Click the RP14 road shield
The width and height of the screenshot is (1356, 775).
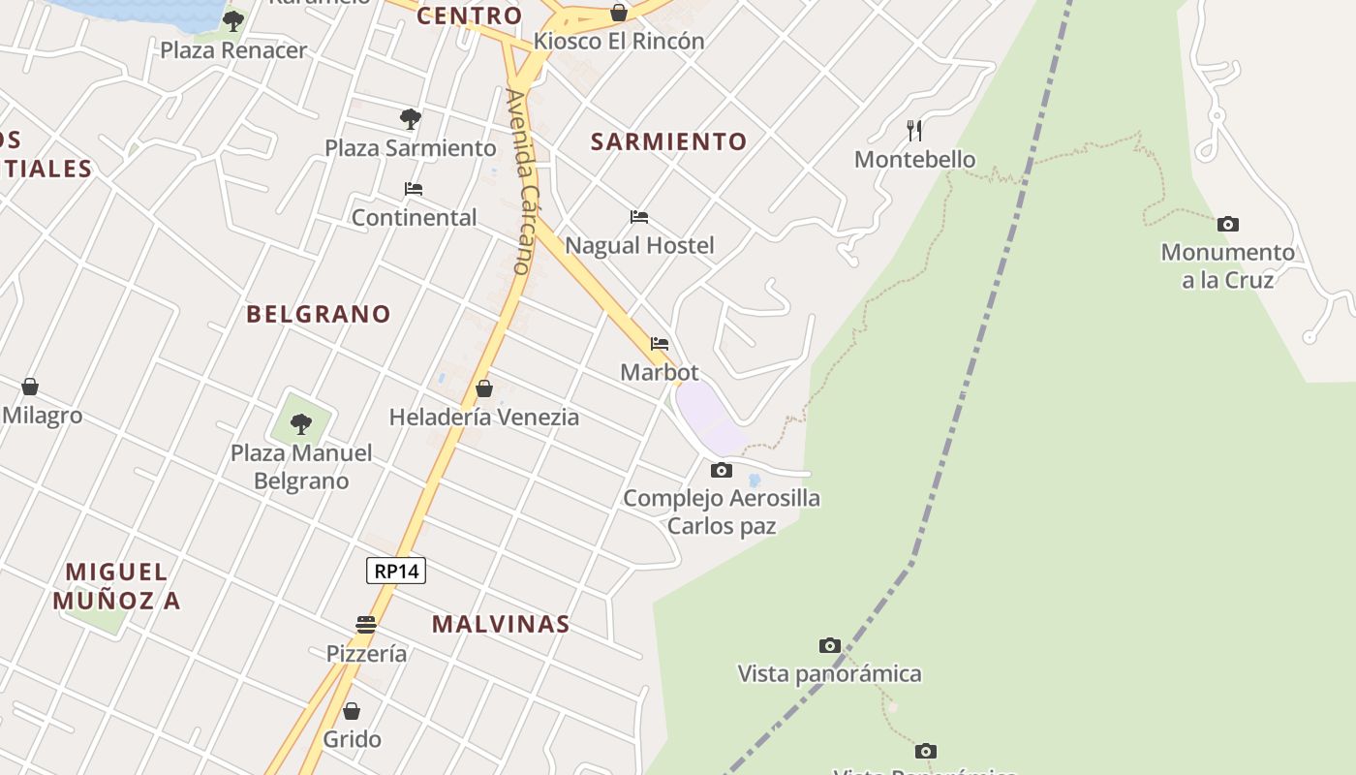[396, 571]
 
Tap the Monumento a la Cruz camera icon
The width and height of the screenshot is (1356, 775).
[1227, 225]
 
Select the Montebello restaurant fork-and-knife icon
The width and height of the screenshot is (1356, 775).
[914, 130]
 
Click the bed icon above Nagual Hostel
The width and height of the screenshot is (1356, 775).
[638, 217]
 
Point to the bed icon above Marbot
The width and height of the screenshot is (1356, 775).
[660, 344]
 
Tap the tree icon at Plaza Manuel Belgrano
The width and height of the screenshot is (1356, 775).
[300, 423]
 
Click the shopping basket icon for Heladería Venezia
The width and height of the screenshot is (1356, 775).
[484, 388]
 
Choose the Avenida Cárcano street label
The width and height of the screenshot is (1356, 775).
[520, 181]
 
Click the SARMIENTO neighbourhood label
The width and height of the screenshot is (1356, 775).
[669, 141]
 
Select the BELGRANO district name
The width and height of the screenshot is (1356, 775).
[319, 314]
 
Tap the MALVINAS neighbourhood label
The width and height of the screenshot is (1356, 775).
[501, 624]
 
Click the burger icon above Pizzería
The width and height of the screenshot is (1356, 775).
[365, 625]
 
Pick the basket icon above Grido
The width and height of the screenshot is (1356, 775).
[352, 711]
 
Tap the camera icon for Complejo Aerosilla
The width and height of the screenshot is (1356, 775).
[721, 471]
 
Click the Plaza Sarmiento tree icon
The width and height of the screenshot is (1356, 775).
[411, 119]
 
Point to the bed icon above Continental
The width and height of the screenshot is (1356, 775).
[414, 189]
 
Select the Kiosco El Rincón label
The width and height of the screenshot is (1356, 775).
[619, 41]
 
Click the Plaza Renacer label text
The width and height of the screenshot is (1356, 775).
[233, 49]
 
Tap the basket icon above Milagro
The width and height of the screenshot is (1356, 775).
[30, 387]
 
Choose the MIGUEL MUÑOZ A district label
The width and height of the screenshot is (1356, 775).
[116, 585]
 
